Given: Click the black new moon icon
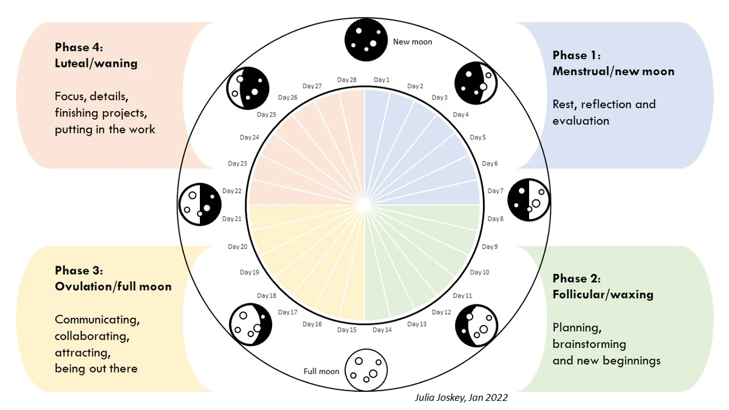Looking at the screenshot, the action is coord(366,39).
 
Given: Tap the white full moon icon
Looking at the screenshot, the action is coord(366,370).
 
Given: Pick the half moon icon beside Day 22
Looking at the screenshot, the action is coord(200,204).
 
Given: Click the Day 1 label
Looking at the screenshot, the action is coord(382,80).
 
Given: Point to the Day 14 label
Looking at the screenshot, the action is coord(382,330).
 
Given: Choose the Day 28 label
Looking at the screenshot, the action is coord(347,80).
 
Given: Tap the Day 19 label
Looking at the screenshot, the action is coord(250,272).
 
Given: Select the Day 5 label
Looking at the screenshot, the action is coord(477,138).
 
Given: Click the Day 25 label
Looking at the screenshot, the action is coord(267,115).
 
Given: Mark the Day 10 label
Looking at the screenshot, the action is coord(479,272).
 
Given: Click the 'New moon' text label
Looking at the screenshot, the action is coord(412,42).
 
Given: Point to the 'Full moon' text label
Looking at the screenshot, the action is coord(321,371).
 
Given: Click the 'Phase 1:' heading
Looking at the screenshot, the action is coord(577,55).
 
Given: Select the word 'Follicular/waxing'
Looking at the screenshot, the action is coord(603,295).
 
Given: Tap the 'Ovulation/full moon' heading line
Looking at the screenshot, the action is coord(113,286).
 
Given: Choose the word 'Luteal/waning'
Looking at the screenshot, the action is coord(97,63).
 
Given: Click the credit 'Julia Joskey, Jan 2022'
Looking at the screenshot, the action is coord(461,398).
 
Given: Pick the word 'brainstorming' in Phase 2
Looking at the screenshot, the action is coord(589,344).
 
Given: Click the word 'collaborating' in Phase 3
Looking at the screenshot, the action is coord(92,336).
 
